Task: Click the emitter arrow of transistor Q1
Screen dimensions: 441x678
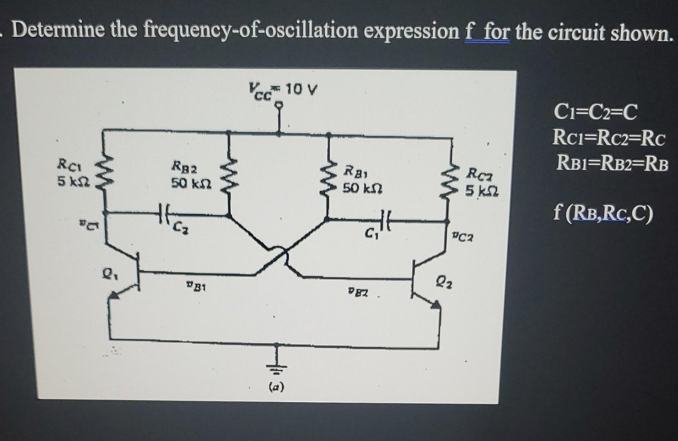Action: (x=116, y=295)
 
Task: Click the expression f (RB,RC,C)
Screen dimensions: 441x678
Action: (x=603, y=213)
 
